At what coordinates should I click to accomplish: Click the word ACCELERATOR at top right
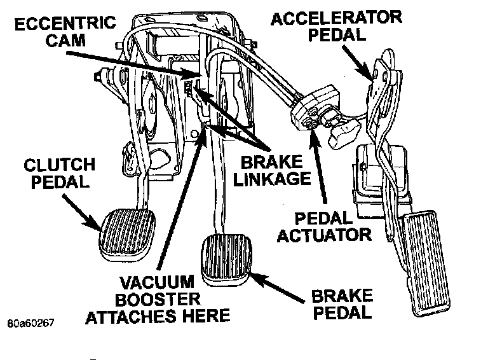click(335, 18)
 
